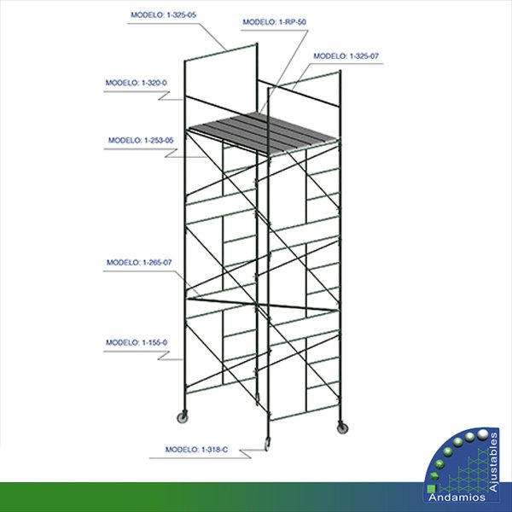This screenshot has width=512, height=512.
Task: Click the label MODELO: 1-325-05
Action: click(163, 15)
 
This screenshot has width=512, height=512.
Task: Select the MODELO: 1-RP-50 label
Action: click(274, 22)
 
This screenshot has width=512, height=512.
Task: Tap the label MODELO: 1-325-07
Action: click(346, 56)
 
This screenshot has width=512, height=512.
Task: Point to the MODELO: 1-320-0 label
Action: click(137, 83)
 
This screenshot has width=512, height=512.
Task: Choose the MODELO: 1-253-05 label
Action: click(141, 141)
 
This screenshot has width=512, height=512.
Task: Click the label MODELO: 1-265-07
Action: click(139, 263)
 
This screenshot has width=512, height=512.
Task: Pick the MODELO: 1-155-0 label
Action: click(137, 342)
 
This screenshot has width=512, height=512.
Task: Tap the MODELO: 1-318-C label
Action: click(196, 450)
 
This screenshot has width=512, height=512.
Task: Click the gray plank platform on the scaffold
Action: click(263, 133)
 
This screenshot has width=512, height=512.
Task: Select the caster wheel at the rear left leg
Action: click(183, 417)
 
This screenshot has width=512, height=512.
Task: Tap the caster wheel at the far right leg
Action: click(342, 428)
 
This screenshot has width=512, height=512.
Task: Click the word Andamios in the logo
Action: click(457, 497)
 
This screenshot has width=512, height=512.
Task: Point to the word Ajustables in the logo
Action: click(493, 462)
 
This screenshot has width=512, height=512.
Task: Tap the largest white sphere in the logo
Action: click(483, 434)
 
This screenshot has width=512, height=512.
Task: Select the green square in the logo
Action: click(431, 488)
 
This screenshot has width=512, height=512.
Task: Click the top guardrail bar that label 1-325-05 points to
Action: click(221, 52)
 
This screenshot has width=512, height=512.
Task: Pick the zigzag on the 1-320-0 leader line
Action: click(164, 96)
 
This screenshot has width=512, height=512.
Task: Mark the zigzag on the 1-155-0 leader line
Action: click(164, 356)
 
